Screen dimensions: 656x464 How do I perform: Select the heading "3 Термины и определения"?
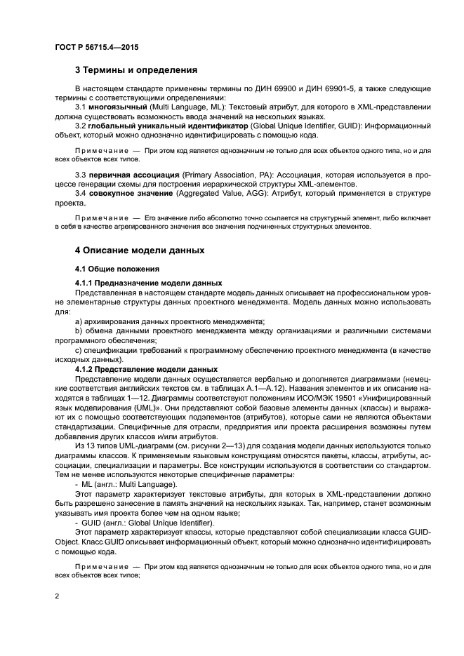click(135, 70)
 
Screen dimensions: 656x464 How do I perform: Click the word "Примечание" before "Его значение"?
click(98, 217)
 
